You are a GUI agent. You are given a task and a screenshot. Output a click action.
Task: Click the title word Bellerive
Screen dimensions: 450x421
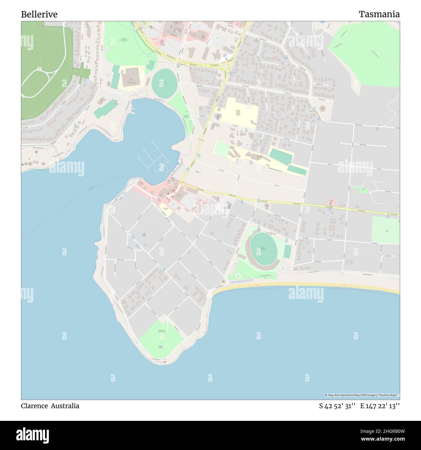tap(39, 14)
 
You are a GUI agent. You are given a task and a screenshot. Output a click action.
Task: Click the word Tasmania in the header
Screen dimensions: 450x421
tap(379, 14)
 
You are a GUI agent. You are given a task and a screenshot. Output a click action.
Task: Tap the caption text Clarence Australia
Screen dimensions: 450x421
tap(50, 406)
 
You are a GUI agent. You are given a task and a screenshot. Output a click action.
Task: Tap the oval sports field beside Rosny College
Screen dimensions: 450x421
tap(165, 83)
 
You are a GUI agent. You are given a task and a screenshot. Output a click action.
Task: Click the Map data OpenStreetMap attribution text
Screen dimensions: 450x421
tap(362, 395)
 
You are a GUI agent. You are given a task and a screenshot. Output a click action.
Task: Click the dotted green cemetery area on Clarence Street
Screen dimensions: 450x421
tap(385, 230)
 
